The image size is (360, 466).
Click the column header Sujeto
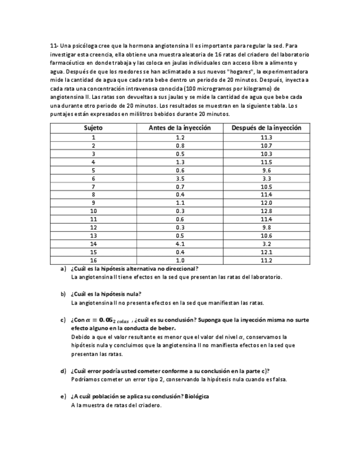[93, 127]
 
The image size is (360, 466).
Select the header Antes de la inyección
[180, 127]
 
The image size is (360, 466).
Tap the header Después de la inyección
[266, 127]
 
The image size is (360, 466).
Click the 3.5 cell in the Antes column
[180, 179]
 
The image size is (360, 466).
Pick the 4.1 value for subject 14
[180, 244]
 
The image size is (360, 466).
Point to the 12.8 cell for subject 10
[266, 211]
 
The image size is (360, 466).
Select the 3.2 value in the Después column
[266, 244]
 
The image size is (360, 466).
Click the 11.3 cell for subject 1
[266, 137]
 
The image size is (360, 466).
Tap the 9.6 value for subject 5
[266, 170]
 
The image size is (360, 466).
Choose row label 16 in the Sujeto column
[93, 260]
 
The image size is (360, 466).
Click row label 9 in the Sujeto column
[93, 203]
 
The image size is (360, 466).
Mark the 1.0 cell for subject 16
[180, 260]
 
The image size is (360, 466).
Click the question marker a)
[63, 269]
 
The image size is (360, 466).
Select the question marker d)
[63, 371]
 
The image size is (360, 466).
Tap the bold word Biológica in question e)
[197, 396]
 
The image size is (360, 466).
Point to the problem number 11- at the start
[54, 46]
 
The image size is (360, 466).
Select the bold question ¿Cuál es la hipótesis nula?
[106, 294]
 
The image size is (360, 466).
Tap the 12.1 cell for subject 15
[266, 252]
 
